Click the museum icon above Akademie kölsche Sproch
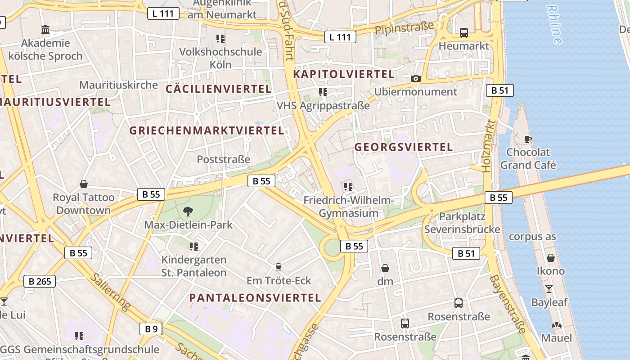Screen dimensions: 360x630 click(45, 30)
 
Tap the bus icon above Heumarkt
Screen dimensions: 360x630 click(463, 32)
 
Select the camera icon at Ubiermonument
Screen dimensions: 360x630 click(416, 78)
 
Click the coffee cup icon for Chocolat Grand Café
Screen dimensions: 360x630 click(528, 139)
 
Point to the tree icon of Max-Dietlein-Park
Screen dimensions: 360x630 click(188, 211)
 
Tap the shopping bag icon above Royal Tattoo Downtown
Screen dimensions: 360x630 click(84, 184)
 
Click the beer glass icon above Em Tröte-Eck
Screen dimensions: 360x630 click(279, 267)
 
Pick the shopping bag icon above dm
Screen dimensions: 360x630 click(385, 268)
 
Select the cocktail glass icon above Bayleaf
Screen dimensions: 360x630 click(549, 288)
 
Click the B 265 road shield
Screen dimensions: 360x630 click(40, 282)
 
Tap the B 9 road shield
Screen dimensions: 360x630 click(151, 329)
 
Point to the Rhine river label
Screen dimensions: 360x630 click(554, 24)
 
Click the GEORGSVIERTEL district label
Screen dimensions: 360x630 click(404, 147)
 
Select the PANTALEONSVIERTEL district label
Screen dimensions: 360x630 click(255, 297)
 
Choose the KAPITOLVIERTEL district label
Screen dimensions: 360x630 click(344, 74)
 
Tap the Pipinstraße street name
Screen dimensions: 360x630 click(404, 28)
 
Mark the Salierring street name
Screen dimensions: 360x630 click(111, 291)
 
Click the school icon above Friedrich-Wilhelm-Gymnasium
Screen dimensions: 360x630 click(348, 186)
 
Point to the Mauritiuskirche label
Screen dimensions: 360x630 click(119, 85)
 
